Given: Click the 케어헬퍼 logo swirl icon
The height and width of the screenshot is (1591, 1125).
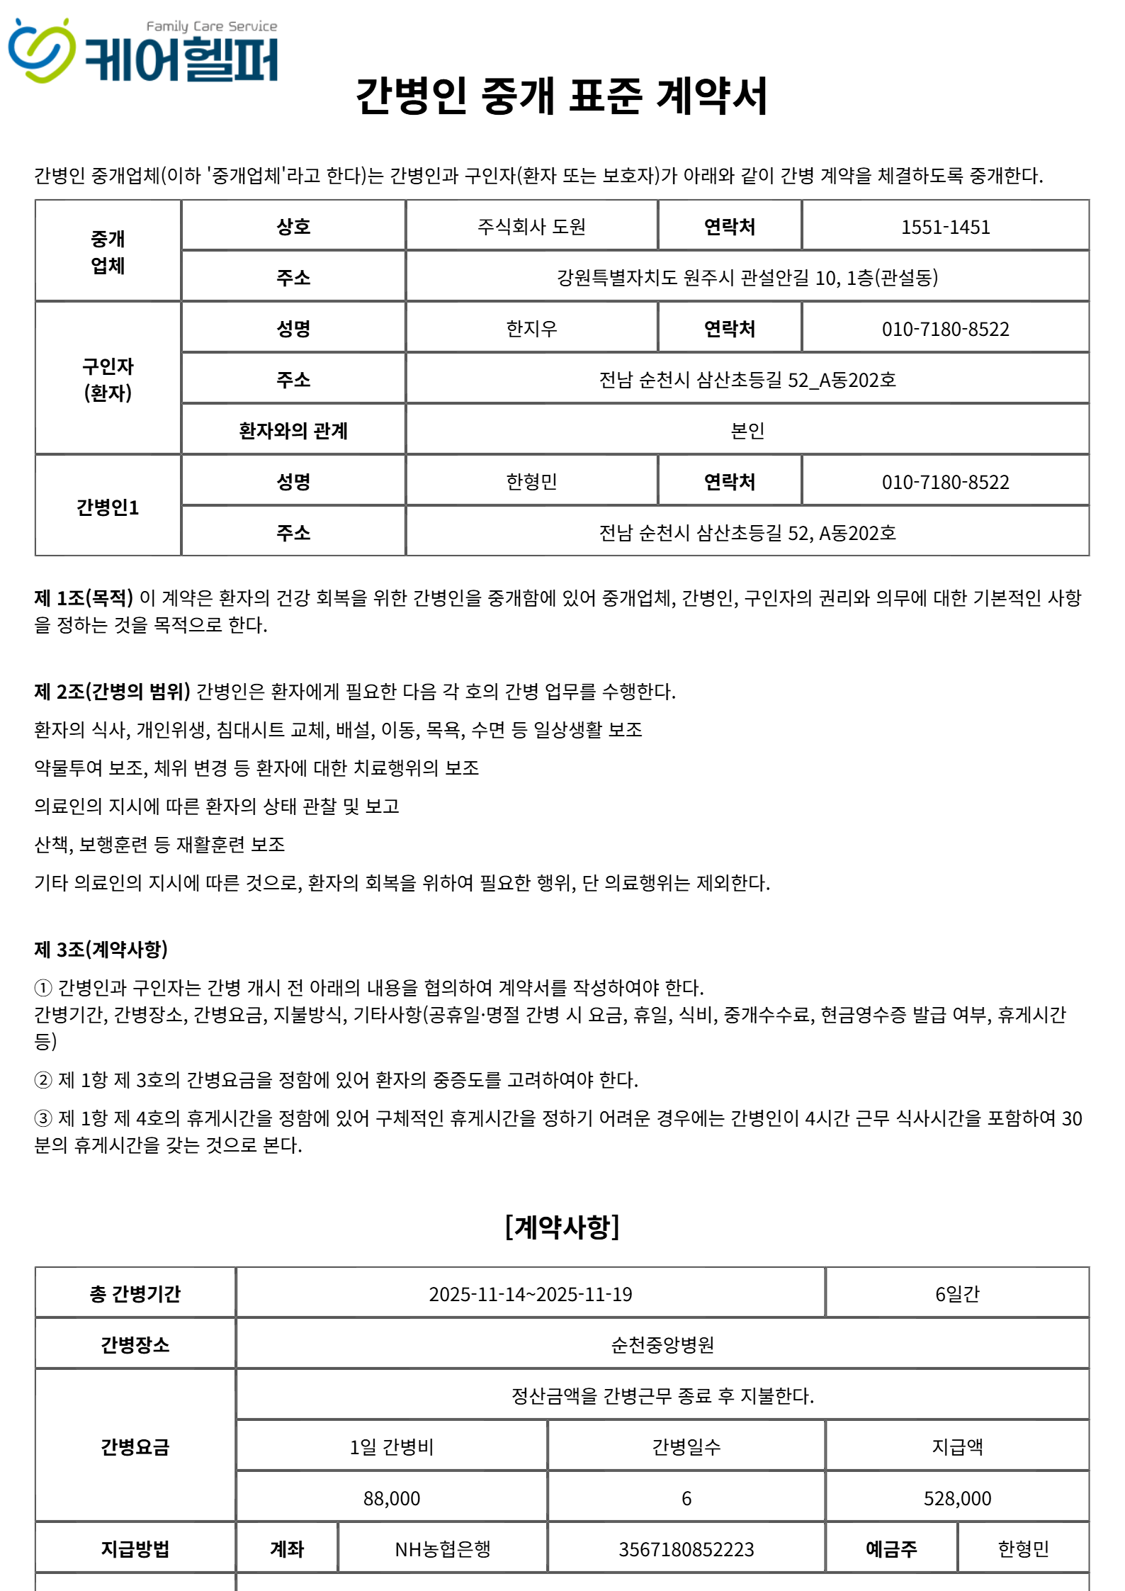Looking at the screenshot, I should pyautogui.click(x=41, y=51).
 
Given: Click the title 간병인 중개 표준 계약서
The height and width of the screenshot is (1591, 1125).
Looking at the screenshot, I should pyautogui.click(x=562, y=96).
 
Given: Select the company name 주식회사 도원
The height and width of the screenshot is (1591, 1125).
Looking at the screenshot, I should pyautogui.click(x=531, y=227).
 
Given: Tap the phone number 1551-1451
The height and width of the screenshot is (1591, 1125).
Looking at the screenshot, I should pyautogui.click(x=945, y=227).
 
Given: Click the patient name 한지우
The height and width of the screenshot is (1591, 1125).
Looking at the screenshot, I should pyautogui.click(x=531, y=329).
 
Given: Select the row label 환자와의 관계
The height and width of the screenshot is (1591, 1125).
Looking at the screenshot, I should pyautogui.click(x=293, y=431).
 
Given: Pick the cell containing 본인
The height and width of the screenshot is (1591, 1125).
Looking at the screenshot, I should pyautogui.click(x=747, y=431).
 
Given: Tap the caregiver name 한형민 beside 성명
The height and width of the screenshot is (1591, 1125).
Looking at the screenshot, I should pyautogui.click(x=531, y=482).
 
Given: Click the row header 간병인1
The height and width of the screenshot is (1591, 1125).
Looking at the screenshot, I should pyautogui.click(x=108, y=507).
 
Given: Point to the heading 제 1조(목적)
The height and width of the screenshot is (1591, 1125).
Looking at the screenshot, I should pyautogui.click(x=84, y=598).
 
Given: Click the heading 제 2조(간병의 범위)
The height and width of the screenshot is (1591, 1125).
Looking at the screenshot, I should pyautogui.click(x=112, y=692).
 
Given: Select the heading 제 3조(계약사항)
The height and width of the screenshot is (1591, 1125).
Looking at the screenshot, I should pyautogui.click(x=101, y=950).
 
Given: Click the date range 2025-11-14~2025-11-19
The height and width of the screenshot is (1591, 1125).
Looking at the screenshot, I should pyautogui.click(x=530, y=1294).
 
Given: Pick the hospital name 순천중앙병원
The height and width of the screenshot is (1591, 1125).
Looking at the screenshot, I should pyautogui.click(x=662, y=1345).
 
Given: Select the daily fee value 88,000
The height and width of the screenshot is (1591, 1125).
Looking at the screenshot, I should pyautogui.click(x=392, y=1498).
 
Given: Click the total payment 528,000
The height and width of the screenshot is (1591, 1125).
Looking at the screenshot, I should pyautogui.click(x=957, y=1498).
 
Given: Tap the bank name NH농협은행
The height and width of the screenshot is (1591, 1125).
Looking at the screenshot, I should pyautogui.click(x=443, y=1549).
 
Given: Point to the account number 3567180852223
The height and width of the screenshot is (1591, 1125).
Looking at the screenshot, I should pyautogui.click(x=686, y=1549).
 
